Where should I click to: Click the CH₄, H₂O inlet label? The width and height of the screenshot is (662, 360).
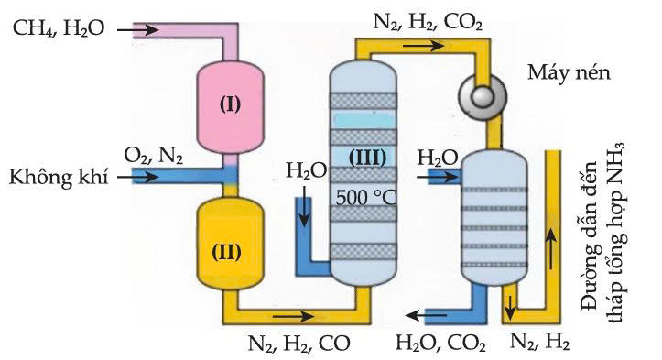click(x=59, y=28)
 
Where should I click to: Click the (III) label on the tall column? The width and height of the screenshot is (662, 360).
click(x=367, y=158)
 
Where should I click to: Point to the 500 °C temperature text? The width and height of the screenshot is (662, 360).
click(x=366, y=197)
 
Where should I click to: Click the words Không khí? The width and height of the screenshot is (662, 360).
click(x=59, y=178)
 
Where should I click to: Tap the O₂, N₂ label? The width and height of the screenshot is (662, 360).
click(x=153, y=156)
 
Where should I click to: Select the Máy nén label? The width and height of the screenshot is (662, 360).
click(x=569, y=72)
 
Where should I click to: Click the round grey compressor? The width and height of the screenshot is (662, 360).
click(x=483, y=97)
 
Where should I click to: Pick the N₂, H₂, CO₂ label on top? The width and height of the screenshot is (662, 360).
click(x=428, y=22)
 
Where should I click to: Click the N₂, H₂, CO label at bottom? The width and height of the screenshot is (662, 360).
click(x=298, y=344)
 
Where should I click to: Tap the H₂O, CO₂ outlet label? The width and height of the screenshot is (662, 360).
click(x=440, y=344)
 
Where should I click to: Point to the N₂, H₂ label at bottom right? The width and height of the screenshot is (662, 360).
click(x=539, y=342)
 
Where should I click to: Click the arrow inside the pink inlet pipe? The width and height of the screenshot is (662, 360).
click(x=137, y=29)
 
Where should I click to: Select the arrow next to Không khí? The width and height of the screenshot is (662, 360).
click(x=137, y=177)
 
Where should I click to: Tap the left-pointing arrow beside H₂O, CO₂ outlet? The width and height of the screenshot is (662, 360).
click(x=426, y=315)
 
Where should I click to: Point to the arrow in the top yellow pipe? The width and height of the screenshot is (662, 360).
click(x=423, y=45)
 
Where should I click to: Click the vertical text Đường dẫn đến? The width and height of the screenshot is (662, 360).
click(x=590, y=235)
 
